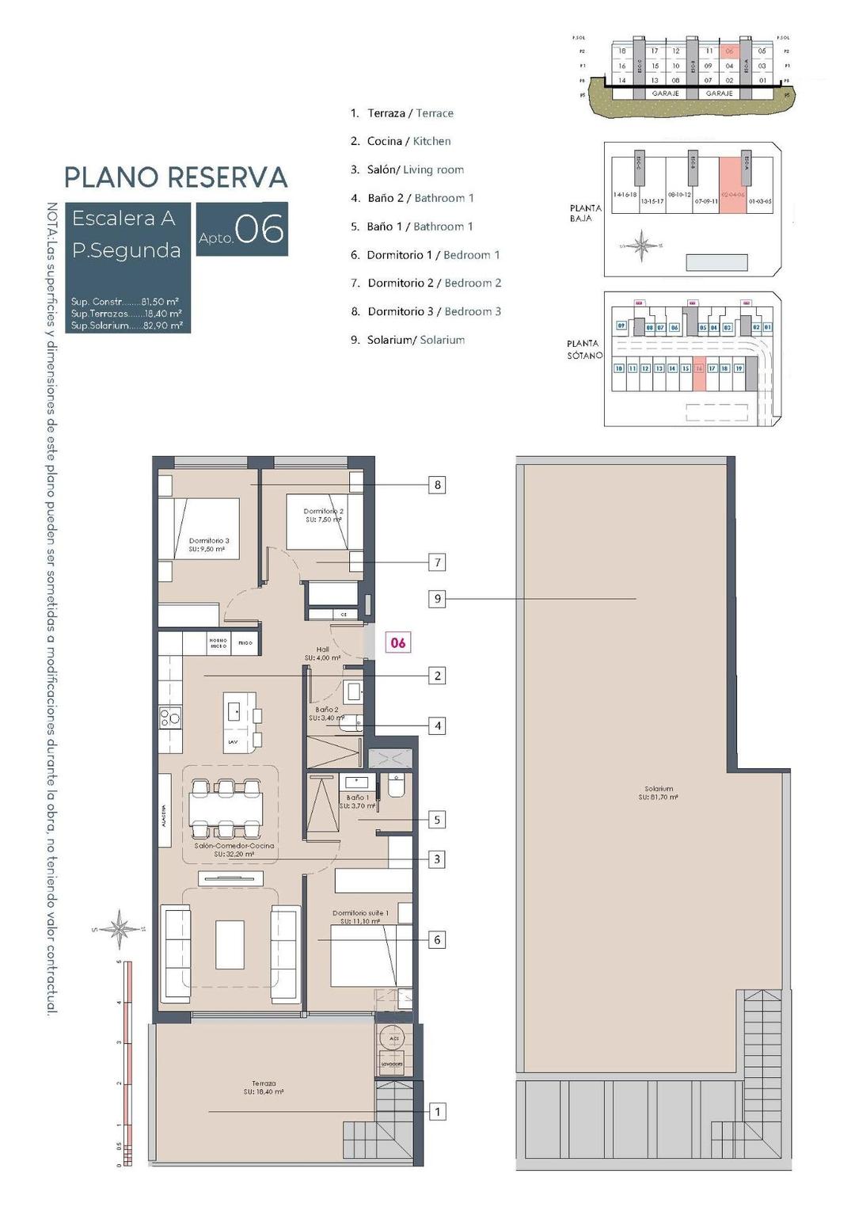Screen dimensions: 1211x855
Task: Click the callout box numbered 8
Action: pyautogui.click(x=437, y=485)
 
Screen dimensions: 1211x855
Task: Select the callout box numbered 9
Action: pyautogui.click(x=437, y=599)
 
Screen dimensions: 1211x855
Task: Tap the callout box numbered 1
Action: pyautogui.click(x=437, y=1112)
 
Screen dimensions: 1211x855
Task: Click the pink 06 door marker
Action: pyautogui.click(x=398, y=642)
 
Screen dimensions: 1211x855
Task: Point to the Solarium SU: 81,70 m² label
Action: pyautogui.click(x=659, y=793)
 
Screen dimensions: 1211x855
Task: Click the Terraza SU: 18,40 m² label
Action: pyautogui.click(x=264, y=1087)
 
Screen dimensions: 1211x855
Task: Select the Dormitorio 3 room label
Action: pyautogui.click(x=209, y=544)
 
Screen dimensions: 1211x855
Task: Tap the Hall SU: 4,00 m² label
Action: pyautogui.click(x=322, y=653)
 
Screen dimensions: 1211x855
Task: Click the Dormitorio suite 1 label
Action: pyautogui.click(x=360, y=917)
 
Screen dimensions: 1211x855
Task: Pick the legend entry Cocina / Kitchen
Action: pyautogui.click(x=408, y=141)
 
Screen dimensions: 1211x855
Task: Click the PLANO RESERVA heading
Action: pyautogui.click(x=176, y=177)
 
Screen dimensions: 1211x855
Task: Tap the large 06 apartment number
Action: pyautogui.click(x=259, y=230)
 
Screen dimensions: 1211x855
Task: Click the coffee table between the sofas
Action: pyautogui.click(x=230, y=943)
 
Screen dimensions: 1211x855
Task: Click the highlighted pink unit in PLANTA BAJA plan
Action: pyautogui.click(x=732, y=185)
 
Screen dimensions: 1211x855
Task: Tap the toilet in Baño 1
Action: pyautogui.click(x=396, y=786)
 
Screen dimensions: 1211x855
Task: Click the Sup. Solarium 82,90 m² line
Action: pyautogui.click(x=127, y=326)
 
